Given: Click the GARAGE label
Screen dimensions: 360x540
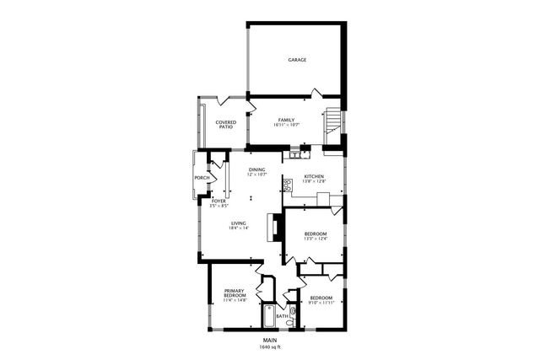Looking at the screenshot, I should click(297, 60).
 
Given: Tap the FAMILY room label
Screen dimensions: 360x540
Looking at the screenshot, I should click(286, 120).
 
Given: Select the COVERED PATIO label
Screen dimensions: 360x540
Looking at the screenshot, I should click(225, 125).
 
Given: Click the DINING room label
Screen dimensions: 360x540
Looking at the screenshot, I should click(257, 170).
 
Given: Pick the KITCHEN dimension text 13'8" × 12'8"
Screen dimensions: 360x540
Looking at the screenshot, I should click(314, 181).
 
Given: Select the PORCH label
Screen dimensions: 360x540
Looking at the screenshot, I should click(202, 178).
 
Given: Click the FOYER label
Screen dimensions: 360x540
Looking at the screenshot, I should click(219, 201).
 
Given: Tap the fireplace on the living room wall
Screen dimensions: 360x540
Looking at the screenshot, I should click(273, 228).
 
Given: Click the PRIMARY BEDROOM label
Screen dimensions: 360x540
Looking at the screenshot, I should click(235, 294).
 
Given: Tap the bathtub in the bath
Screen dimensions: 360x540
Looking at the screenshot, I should click(268, 317).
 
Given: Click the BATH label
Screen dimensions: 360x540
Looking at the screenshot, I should click(293, 316).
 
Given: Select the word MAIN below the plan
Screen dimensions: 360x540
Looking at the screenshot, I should click(270, 341).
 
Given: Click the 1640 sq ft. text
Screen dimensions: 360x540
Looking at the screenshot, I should click(270, 347).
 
